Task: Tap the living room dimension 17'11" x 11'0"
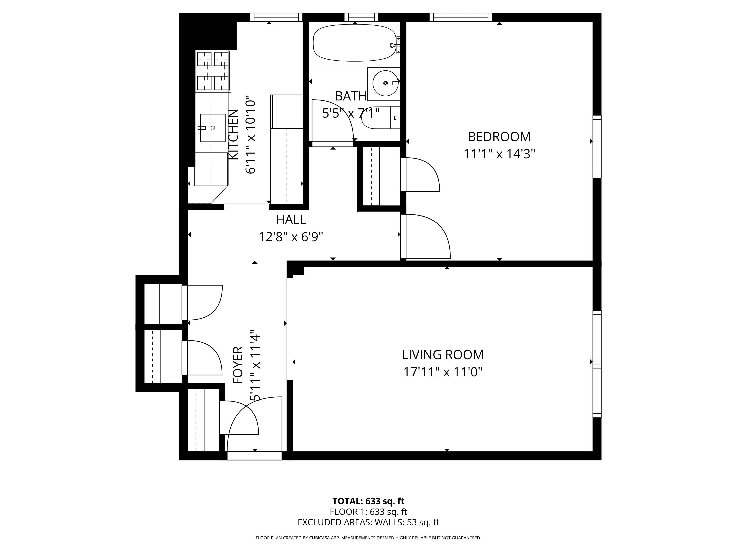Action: pos(443,372)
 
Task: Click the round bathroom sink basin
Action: pos(385,83)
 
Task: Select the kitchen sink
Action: pos(213,128)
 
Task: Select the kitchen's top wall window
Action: pos(276,17)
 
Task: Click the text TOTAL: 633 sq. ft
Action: pos(368,510)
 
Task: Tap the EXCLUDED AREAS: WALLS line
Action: pos(368,532)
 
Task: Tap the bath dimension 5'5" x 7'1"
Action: pos(351,113)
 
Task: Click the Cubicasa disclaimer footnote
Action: pos(368,547)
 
